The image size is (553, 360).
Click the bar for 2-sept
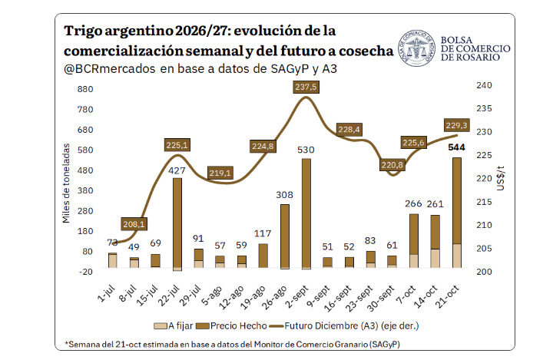(x=306, y=214)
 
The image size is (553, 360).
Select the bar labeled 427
(x=177, y=224)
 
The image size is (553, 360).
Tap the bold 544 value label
(x=456, y=147)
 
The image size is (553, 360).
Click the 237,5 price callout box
(x=306, y=87)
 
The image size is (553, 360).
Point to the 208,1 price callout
(x=134, y=224)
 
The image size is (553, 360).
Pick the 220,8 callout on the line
(x=392, y=165)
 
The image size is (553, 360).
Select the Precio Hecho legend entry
(x=231, y=325)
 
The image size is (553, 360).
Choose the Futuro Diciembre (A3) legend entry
(x=344, y=325)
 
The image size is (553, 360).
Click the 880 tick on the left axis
(x=85, y=89)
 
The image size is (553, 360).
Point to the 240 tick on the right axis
(x=484, y=85)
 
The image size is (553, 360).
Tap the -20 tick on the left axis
(x=85, y=272)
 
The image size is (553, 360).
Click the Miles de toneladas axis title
(x=66, y=183)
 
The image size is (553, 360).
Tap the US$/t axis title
(x=501, y=178)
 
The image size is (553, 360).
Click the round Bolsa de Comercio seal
(x=416, y=48)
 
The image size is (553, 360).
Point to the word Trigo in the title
(x=83, y=31)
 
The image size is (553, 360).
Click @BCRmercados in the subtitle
(x=109, y=69)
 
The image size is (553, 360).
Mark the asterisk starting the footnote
(x=66, y=342)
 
